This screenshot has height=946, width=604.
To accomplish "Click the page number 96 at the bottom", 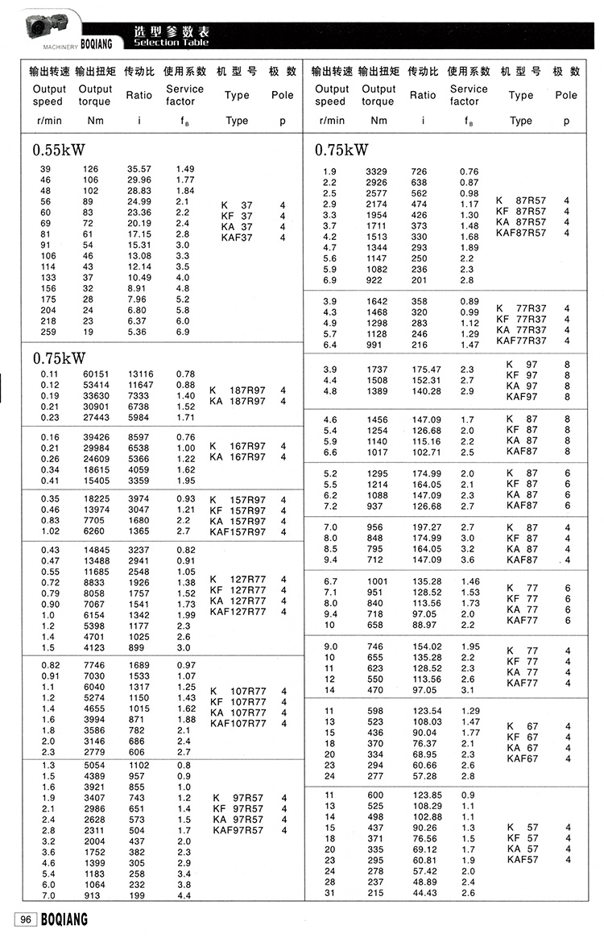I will [25, 919].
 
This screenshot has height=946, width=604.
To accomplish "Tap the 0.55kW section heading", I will [59, 150].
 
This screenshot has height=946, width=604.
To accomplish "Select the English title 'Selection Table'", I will [171, 43].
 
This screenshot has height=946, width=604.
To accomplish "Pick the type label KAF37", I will [237, 237].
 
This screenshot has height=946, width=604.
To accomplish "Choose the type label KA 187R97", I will [237, 401].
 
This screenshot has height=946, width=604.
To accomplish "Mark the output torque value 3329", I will [376, 171].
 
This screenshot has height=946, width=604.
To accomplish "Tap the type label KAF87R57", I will [521, 233].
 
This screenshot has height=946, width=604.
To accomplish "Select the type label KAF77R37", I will [521, 341].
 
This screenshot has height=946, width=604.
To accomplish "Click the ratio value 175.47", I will [427, 370].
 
